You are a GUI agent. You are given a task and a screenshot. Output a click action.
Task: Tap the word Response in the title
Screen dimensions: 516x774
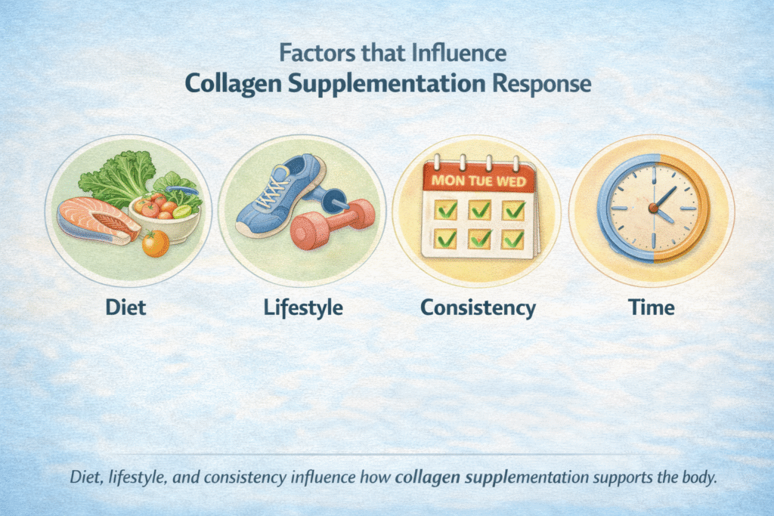(x=545, y=82)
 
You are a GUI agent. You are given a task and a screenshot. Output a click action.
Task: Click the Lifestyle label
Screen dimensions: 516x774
(x=303, y=308)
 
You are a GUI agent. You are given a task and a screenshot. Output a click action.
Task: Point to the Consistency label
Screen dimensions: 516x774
(x=478, y=308)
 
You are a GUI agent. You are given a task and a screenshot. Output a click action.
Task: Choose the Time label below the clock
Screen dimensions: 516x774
(x=652, y=308)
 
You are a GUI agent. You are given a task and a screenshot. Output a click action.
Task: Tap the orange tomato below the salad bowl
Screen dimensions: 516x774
(x=156, y=243)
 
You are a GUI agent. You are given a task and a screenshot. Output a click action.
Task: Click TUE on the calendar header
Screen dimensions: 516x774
(x=481, y=183)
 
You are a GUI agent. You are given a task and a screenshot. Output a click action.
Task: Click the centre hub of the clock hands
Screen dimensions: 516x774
(x=652, y=207)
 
